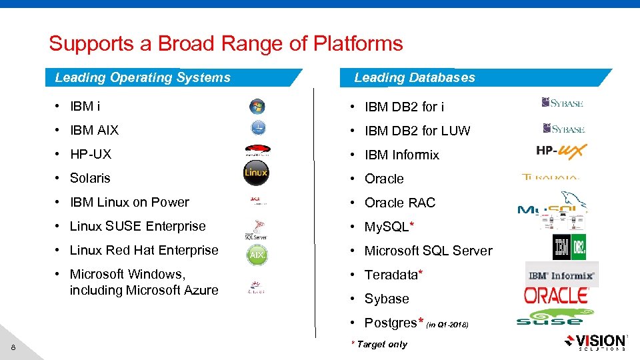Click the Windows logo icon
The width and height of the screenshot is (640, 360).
pyautogui.click(x=257, y=106)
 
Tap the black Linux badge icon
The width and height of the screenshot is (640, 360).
pyautogui.click(x=256, y=172)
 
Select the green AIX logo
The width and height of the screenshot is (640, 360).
pyautogui.click(x=257, y=254)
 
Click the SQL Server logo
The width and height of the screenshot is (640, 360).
pyautogui.click(x=257, y=230)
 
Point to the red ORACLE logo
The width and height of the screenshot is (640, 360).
pyautogui.click(x=556, y=295)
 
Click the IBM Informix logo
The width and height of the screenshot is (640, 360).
pyautogui.click(x=561, y=275)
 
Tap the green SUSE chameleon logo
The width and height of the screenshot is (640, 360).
pyautogui.click(x=549, y=317)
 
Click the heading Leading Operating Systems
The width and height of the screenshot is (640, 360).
pyautogui.click(x=143, y=77)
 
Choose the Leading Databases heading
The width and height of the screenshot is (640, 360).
pyautogui.click(x=415, y=77)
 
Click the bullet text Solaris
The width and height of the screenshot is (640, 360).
pyautogui.click(x=90, y=178)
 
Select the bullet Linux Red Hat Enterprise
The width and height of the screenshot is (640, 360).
pyautogui.click(x=144, y=250)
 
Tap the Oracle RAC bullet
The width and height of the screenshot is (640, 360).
pyautogui.click(x=399, y=203)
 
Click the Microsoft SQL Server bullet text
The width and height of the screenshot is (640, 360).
pyautogui.click(x=428, y=251)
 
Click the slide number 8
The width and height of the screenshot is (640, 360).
pyautogui.click(x=13, y=346)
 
